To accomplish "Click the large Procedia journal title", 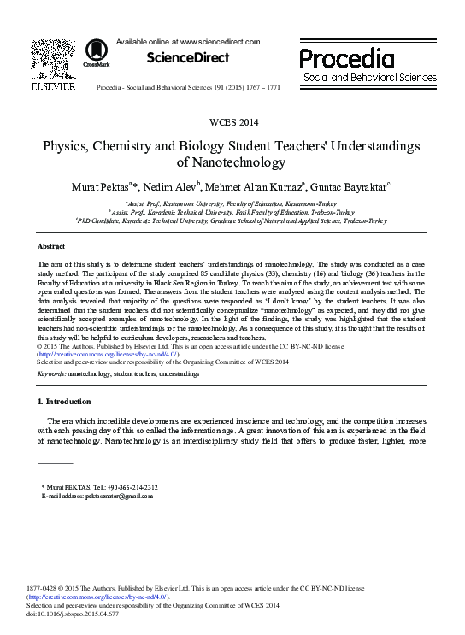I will [x=346, y=59].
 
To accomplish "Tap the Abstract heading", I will [x=53, y=246].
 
